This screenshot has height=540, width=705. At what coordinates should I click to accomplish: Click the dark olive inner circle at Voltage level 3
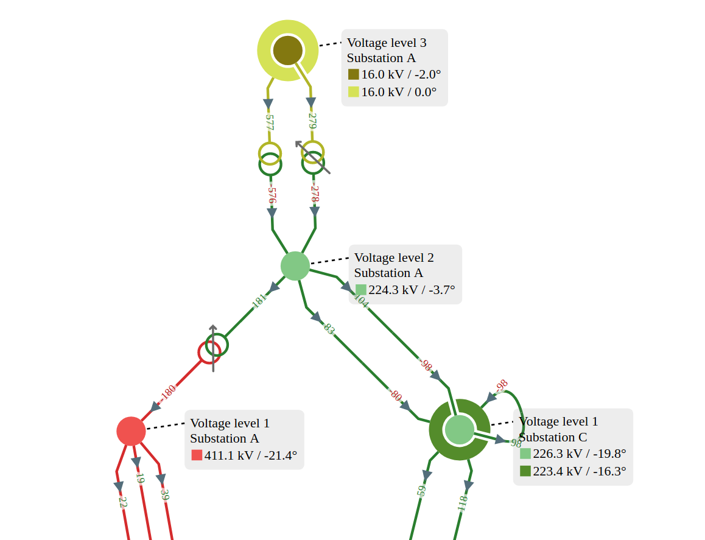[287, 50]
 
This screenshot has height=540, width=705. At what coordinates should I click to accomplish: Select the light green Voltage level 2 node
[295, 266]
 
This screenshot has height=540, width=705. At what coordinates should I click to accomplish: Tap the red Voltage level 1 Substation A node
[131, 431]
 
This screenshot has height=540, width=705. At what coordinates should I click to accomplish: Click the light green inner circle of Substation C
[459, 429]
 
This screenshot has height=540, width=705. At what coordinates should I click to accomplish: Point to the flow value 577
[268, 121]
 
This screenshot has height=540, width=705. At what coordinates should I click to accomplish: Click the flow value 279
[312, 121]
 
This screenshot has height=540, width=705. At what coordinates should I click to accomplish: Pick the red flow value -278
[315, 194]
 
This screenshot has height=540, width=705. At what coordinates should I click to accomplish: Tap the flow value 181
[259, 301]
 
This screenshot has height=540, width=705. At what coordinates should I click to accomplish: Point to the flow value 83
[329, 329]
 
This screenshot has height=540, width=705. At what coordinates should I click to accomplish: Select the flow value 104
[361, 301]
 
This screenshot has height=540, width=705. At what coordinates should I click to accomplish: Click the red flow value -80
[396, 396]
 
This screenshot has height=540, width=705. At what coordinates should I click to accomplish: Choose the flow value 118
[462, 503]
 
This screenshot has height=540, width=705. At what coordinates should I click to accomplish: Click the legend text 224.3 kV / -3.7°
[412, 290]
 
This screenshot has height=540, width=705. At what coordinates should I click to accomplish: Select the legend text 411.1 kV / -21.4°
[250, 455]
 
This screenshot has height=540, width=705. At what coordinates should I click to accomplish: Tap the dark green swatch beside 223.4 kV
[525, 471]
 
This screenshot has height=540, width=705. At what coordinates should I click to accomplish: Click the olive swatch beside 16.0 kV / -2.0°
[354, 74]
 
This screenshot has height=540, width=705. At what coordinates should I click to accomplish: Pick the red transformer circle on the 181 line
[209, 352]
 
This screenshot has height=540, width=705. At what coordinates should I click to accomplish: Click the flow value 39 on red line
[164, 494]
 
